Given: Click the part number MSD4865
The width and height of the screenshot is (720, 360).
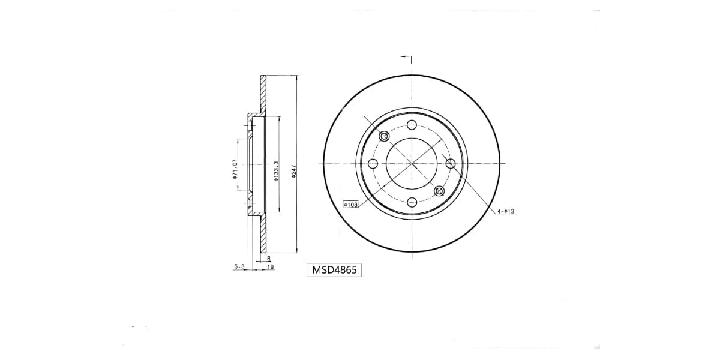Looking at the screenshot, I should pyautogui.click(x=335, y=270).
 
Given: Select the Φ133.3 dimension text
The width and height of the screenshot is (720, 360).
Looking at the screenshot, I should pyautogui.click(x=275, y=170).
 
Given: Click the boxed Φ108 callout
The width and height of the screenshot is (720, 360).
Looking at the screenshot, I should pyautogui.click(x=350, y=205).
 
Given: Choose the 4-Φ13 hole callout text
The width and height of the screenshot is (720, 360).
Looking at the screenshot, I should pyautogui.click(x=506, y=211).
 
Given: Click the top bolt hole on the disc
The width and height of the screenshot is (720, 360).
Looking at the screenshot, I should pyautogui.click(x=412, y=125).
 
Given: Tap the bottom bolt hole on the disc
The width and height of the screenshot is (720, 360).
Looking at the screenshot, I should pyautogui.click(x=412, y=202).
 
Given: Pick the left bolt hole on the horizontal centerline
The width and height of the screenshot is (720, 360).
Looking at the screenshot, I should pyautogui.click(x=373, y=164).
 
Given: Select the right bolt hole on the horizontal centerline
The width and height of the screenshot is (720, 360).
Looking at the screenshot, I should pyautogui.click(x=451, y=164).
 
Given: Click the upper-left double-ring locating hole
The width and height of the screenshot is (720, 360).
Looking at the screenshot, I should pyautogui.click(x=385, y=137).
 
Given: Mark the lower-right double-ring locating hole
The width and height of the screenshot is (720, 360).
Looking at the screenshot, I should pyautogui.click(x=439, y=191).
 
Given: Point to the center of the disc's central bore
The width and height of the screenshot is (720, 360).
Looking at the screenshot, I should pyautogui.click(x=412, y=164).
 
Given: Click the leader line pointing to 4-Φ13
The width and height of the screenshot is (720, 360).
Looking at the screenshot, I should pyautogui.click(x=474, y=189).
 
